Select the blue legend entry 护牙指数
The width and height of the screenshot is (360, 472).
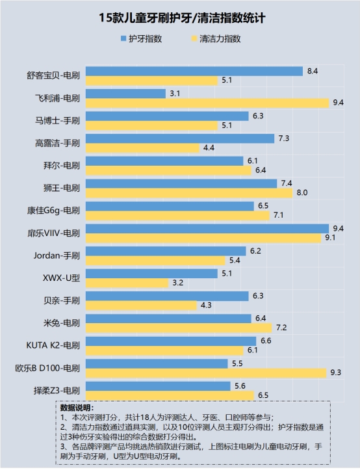pos(141,39)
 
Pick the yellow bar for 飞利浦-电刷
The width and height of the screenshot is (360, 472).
pos(206,103)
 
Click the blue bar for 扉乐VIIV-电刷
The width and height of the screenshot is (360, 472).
pos(206,228)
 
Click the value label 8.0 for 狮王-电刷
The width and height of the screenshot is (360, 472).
pos(302,192)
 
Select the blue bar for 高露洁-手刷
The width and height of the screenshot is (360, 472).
pos(180,138)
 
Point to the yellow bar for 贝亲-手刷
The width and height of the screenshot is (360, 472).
pos(141,305)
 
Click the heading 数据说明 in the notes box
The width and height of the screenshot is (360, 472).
pos(77,407)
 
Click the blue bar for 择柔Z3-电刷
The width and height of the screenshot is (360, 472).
pos(157,386)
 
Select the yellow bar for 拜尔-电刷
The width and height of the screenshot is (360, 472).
pos(168,170)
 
